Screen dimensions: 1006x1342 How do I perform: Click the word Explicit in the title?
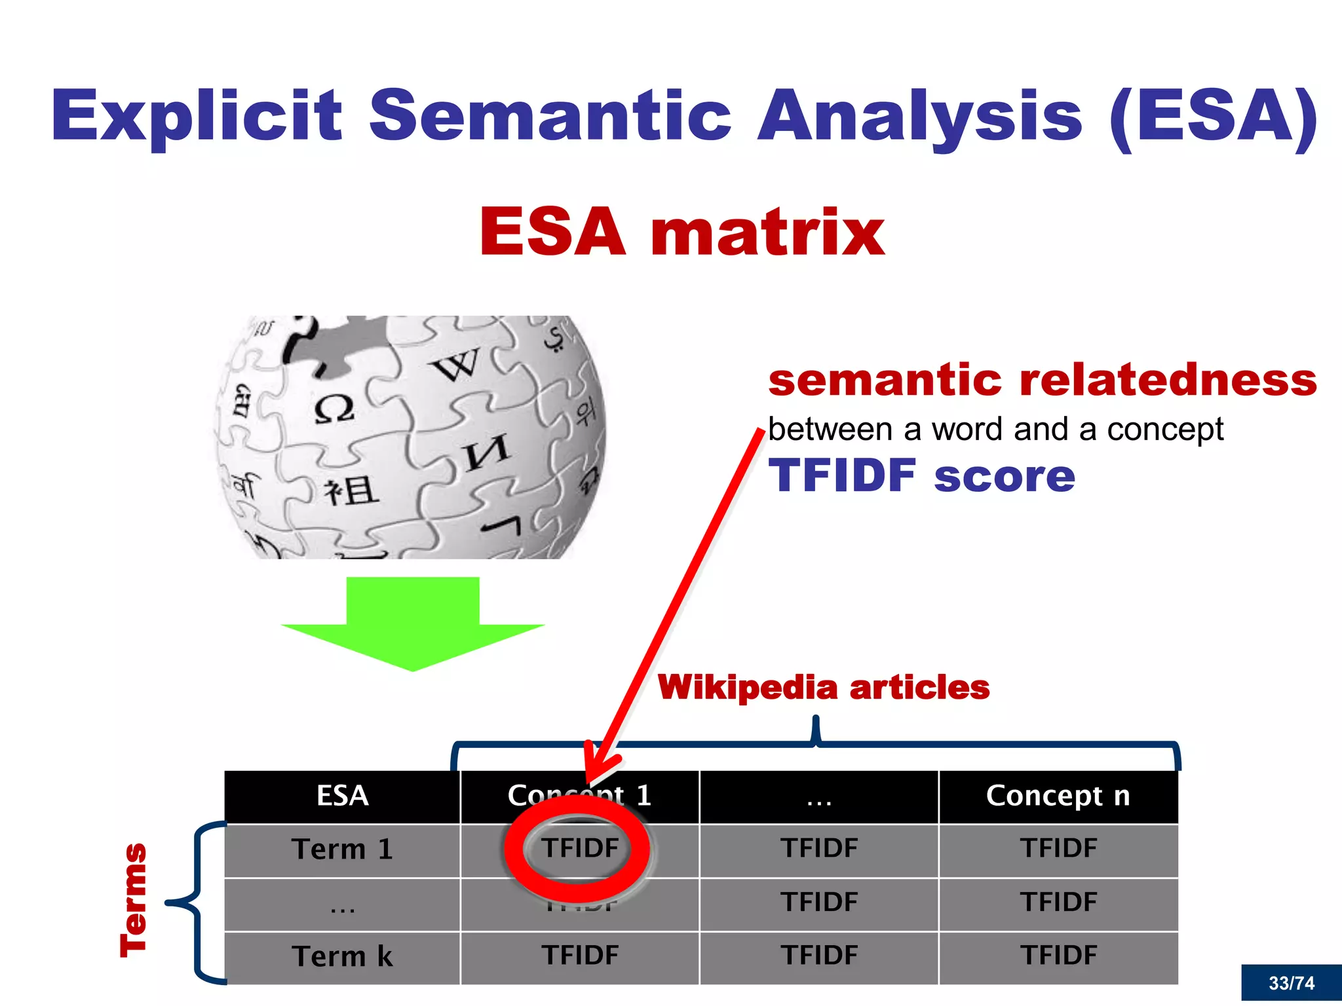click(x=197, y=117)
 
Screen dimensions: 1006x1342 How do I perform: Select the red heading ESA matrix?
click(x=681, y=232)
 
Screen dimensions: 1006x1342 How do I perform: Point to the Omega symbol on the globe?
click(x=334, y=409)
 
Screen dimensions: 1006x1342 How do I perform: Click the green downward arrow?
click(x=413, y=622)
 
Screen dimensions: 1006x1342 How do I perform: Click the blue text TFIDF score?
click(x=921, y=475)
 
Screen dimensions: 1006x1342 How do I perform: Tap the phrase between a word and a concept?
click(x=995, y=430)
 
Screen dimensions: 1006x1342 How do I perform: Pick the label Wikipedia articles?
click(x=823, y=688)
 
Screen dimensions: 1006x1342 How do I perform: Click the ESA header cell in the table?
click(x=342, y=796)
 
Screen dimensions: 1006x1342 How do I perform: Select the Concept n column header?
click(x=1058, y=796)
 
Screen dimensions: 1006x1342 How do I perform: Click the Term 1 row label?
click(x=342, y=849)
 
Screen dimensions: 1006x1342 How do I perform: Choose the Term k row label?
click(x=342, y=956)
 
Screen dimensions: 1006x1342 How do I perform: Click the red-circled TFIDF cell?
click(x=579, y=849)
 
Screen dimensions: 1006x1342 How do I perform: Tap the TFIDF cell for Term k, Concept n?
click(x=1058, y=956)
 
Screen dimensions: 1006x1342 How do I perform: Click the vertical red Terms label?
click(x=134, y=901)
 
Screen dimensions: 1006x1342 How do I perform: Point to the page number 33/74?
click(x=1291, y=983)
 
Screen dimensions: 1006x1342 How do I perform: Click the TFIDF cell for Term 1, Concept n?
click(x=1058, y=849)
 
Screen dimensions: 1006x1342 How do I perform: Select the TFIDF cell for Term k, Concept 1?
click(x=579, y=956)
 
